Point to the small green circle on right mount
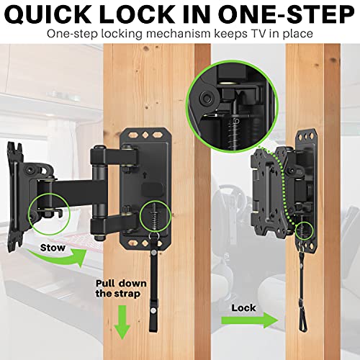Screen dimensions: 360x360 [x=306, y=228]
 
